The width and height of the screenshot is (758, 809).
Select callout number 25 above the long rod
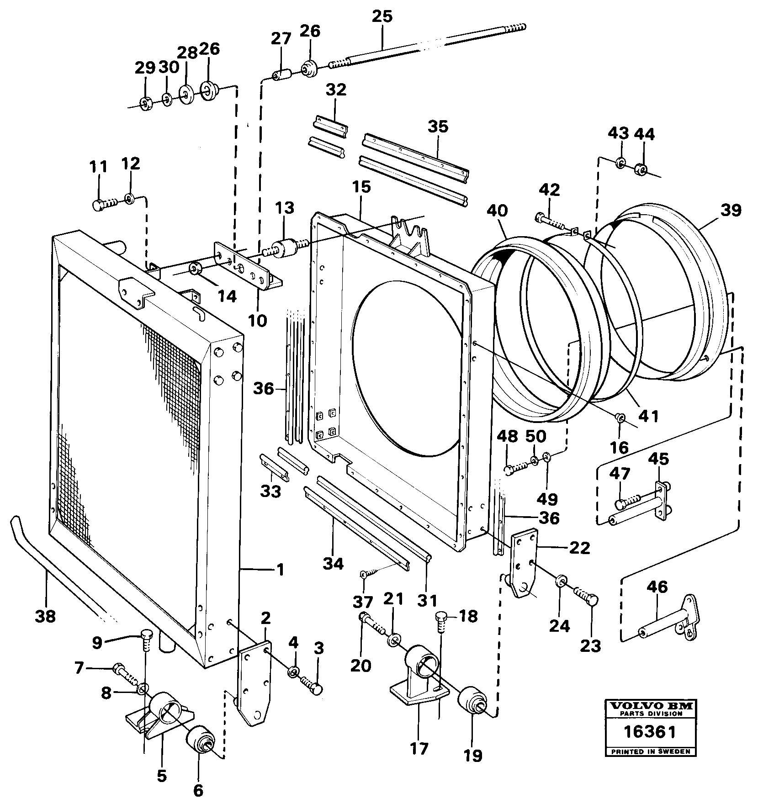point(382,16)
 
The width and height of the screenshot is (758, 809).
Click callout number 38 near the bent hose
point(46,616)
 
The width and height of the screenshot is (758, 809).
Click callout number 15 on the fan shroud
point(361,187)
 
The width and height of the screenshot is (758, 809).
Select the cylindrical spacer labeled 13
point(287,249)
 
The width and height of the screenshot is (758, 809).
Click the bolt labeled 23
point(587,597)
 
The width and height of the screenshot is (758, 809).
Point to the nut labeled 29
point(145,104)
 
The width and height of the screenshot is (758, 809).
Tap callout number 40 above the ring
point(497,211)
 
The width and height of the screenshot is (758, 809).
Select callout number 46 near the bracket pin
point(657,587)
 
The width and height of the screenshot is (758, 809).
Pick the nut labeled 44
point(641,170)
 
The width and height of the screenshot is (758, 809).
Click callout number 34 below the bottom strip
point(333,564)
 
